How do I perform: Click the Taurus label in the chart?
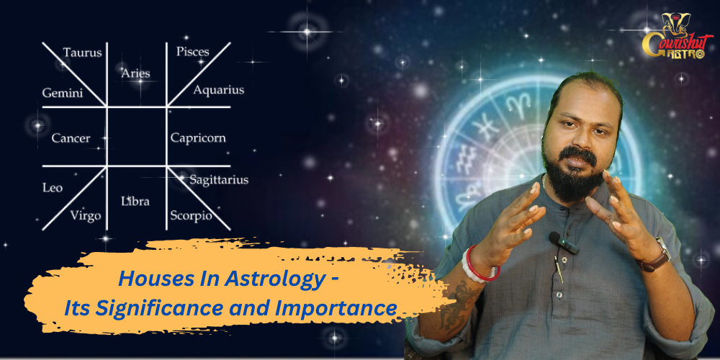coord(83,53)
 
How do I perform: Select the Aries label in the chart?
coord(136,73)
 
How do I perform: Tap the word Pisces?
coord(193,51)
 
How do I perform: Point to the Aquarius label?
coord(219,90)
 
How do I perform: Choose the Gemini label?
coord(63,93)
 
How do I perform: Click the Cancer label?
coord(71,138)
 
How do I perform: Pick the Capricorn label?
coord(198,138)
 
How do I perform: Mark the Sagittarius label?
coord(219,179)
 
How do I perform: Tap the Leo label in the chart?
coord(53,188)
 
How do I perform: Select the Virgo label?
coord(86,215)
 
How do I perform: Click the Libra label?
coord(135,201)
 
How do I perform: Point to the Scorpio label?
coord(191,215)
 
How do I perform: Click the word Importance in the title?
coord(336,309)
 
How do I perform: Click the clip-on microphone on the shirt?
coord(564,243)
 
